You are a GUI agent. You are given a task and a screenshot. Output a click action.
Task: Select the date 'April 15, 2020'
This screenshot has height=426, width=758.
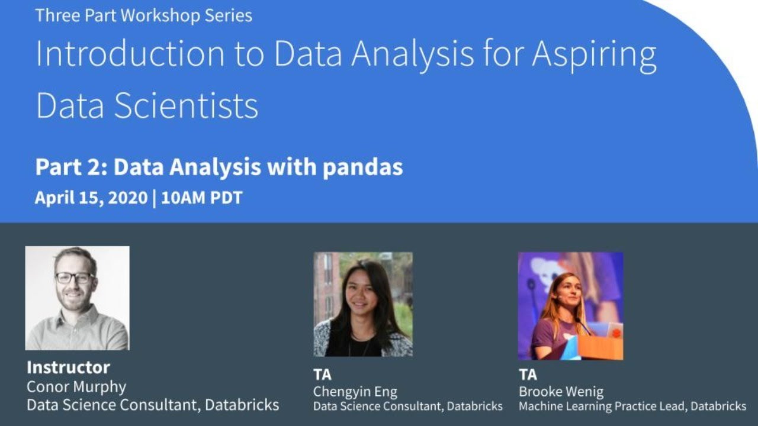[x=91, y=198]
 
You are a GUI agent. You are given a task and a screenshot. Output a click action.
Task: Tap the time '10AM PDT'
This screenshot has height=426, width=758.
[x=202, y=198]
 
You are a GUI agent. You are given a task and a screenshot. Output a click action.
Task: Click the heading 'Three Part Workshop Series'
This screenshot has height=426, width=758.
[x=143, y=15]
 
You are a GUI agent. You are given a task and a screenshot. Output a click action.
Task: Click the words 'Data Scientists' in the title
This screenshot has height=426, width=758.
[x=147, y=106]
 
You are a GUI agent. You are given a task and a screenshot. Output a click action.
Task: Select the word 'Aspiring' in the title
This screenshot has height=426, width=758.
[x=594, y=54]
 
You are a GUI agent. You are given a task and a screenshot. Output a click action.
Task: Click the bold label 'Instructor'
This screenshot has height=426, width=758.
[x=68, y=367]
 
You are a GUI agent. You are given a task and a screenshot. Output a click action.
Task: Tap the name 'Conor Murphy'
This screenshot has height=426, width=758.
[x=76, y=387]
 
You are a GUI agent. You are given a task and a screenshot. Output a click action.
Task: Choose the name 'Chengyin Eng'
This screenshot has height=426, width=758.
[x=355, y=391]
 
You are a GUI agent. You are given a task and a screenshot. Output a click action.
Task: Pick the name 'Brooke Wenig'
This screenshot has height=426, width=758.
[x=561, y=391]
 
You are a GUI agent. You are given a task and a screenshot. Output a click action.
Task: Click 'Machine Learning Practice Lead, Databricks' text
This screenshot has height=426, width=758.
[x=632, y=406]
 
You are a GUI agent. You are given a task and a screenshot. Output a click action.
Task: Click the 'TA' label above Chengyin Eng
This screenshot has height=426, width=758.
[x=322, y=375]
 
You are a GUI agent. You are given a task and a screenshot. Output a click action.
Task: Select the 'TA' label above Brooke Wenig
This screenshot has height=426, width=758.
[x=528, y=375]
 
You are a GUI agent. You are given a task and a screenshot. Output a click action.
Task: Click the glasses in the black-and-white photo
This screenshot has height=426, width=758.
[x=75, y=277]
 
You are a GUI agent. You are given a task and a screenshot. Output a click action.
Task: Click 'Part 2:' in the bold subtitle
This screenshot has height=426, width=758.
[x=71, y=167]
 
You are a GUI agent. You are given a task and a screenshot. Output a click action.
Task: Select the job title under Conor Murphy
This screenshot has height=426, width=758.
[x=153, y=405]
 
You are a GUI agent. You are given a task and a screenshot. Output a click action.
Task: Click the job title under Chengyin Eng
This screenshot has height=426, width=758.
[x=407, y=406]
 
